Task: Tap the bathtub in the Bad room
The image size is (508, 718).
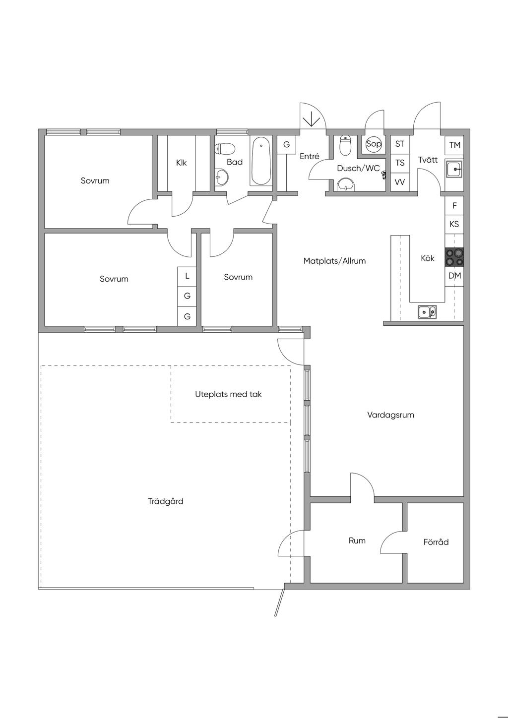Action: (261, 161)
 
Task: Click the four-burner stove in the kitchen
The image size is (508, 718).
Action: (454, 257)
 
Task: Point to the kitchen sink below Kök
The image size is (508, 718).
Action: (426, 312)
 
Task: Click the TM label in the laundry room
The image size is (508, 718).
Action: (454, 145)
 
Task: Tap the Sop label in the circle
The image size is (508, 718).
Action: (374, 144)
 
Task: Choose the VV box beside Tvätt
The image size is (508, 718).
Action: (399, 182)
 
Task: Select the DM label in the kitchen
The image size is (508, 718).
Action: (454, 276)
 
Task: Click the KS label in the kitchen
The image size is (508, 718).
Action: (454, 224)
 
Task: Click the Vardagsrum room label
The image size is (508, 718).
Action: (390, 415)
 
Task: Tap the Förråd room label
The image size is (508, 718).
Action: (436, 542)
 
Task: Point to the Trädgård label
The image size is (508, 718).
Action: (166, 501)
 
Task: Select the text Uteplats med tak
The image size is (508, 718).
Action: (228, 394)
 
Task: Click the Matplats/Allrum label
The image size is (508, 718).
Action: (334, 261)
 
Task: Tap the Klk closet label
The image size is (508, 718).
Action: (182, 162)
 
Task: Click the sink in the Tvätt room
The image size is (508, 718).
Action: (454, 169)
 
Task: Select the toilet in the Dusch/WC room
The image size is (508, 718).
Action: (345, 146)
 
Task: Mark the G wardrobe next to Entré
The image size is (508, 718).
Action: (286, 145)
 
